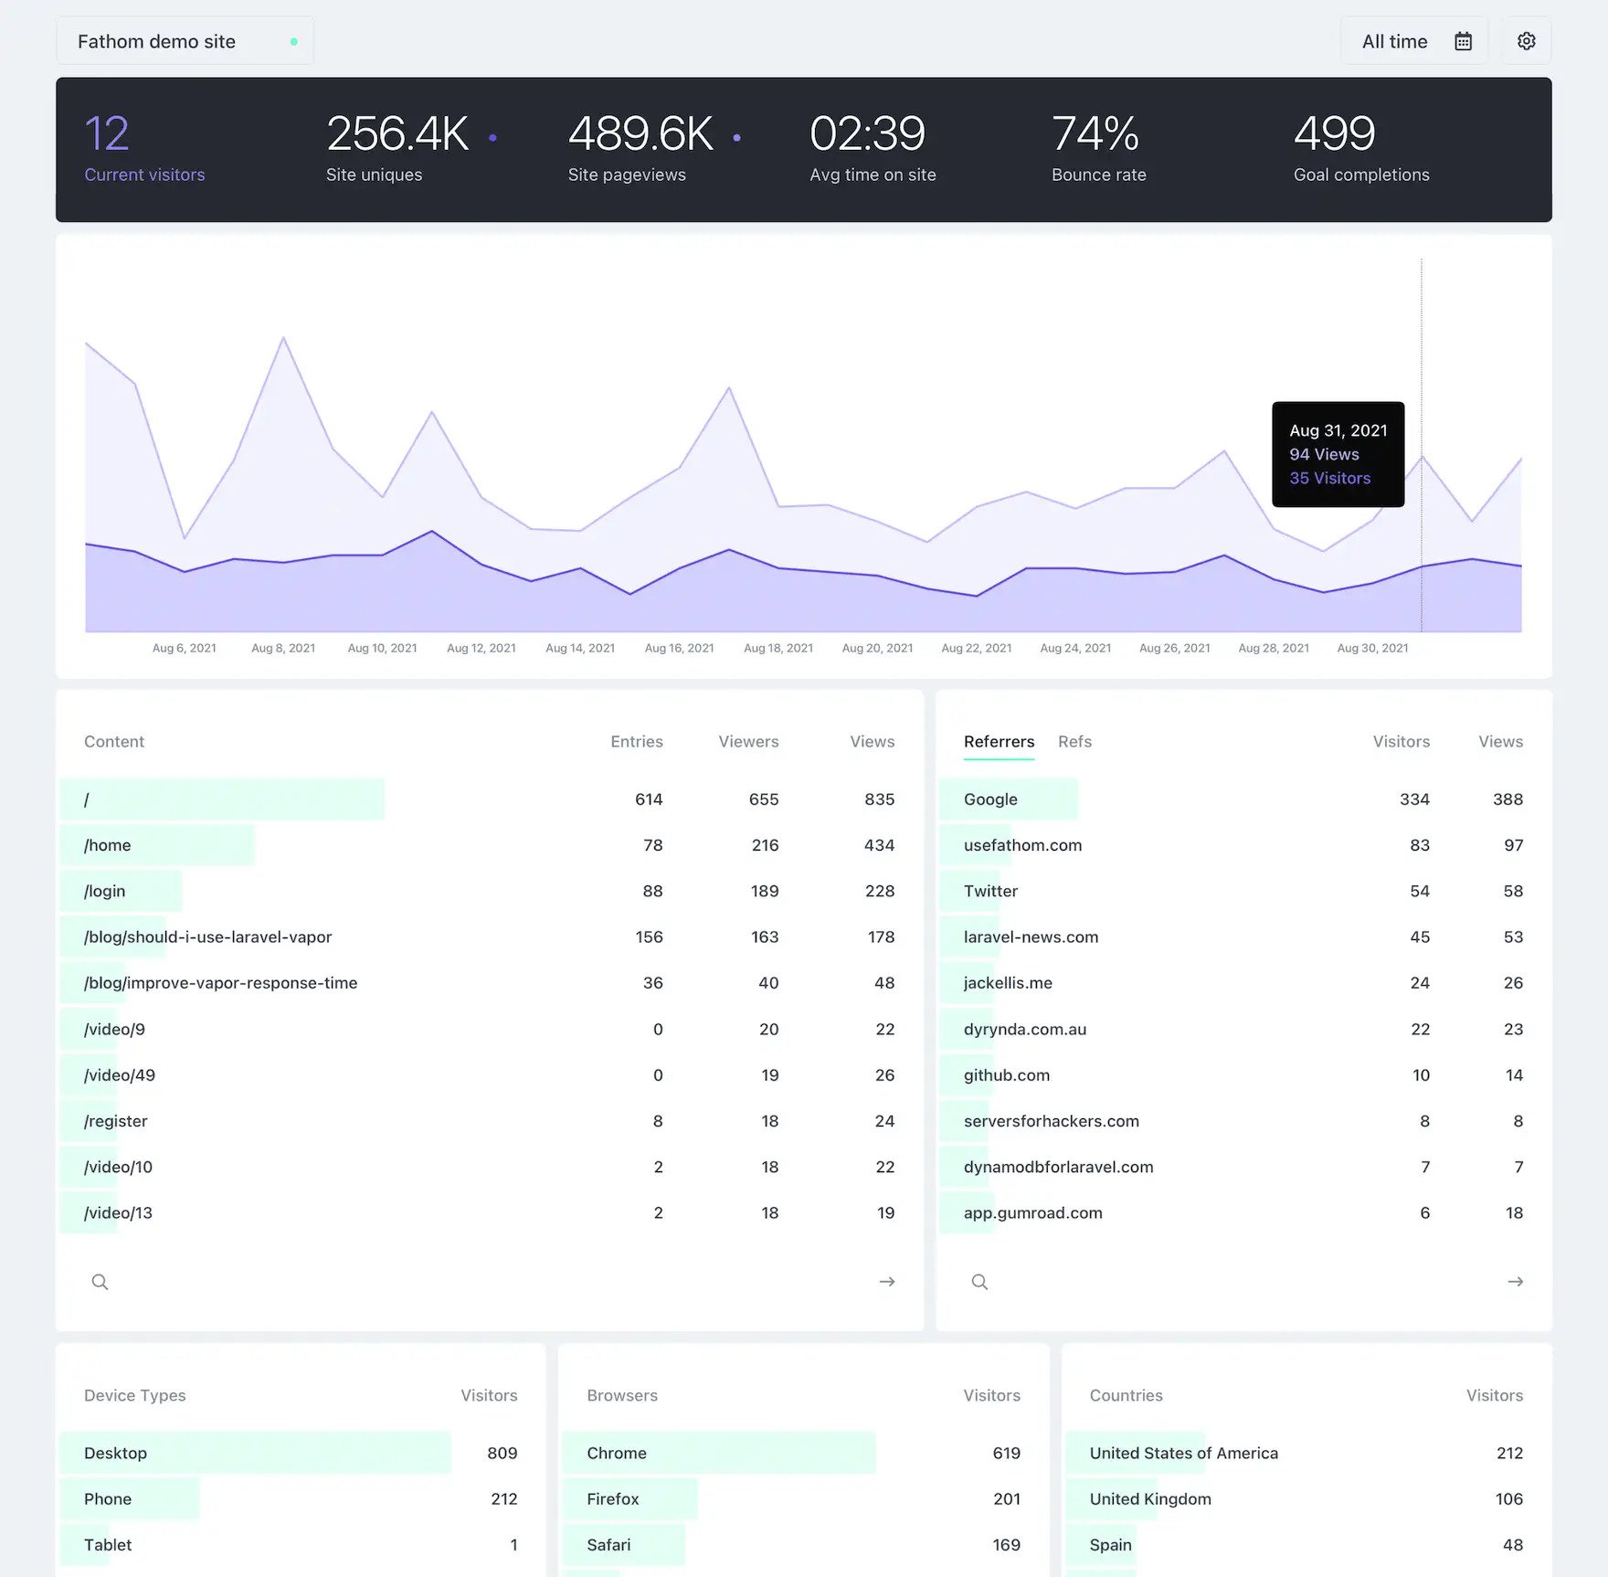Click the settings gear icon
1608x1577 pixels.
tap(1526, 41)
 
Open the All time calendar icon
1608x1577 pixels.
tap(1463, 41)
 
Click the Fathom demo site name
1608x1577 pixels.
tap(156, 41)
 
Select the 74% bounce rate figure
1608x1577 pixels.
tap(1095, 133)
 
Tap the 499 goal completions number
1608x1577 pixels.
tap(1334, 133)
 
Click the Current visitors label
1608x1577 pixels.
tap(144, 175)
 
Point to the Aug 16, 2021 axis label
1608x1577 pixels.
tap(679, 648)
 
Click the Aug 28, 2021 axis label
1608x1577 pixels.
tap(1273, 648)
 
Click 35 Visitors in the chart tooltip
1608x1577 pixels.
tap(1329, 478)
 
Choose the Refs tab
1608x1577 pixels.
tap(1074, 741)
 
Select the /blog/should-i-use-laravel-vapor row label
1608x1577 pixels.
tap(207, 937)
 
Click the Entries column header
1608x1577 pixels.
tap(636, 741)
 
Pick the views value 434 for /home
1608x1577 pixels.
tap(879, 845)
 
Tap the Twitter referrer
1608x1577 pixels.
tap(990, 891)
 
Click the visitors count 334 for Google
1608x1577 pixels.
tap(1413, 799)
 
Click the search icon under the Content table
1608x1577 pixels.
tap(100, 1282)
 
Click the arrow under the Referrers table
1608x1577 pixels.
tap(1515, 1282)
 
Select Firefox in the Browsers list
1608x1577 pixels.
tap(612, 1498)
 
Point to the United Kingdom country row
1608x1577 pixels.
tap(1150, 1498)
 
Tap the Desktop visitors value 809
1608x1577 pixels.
tap(502, 1453)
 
